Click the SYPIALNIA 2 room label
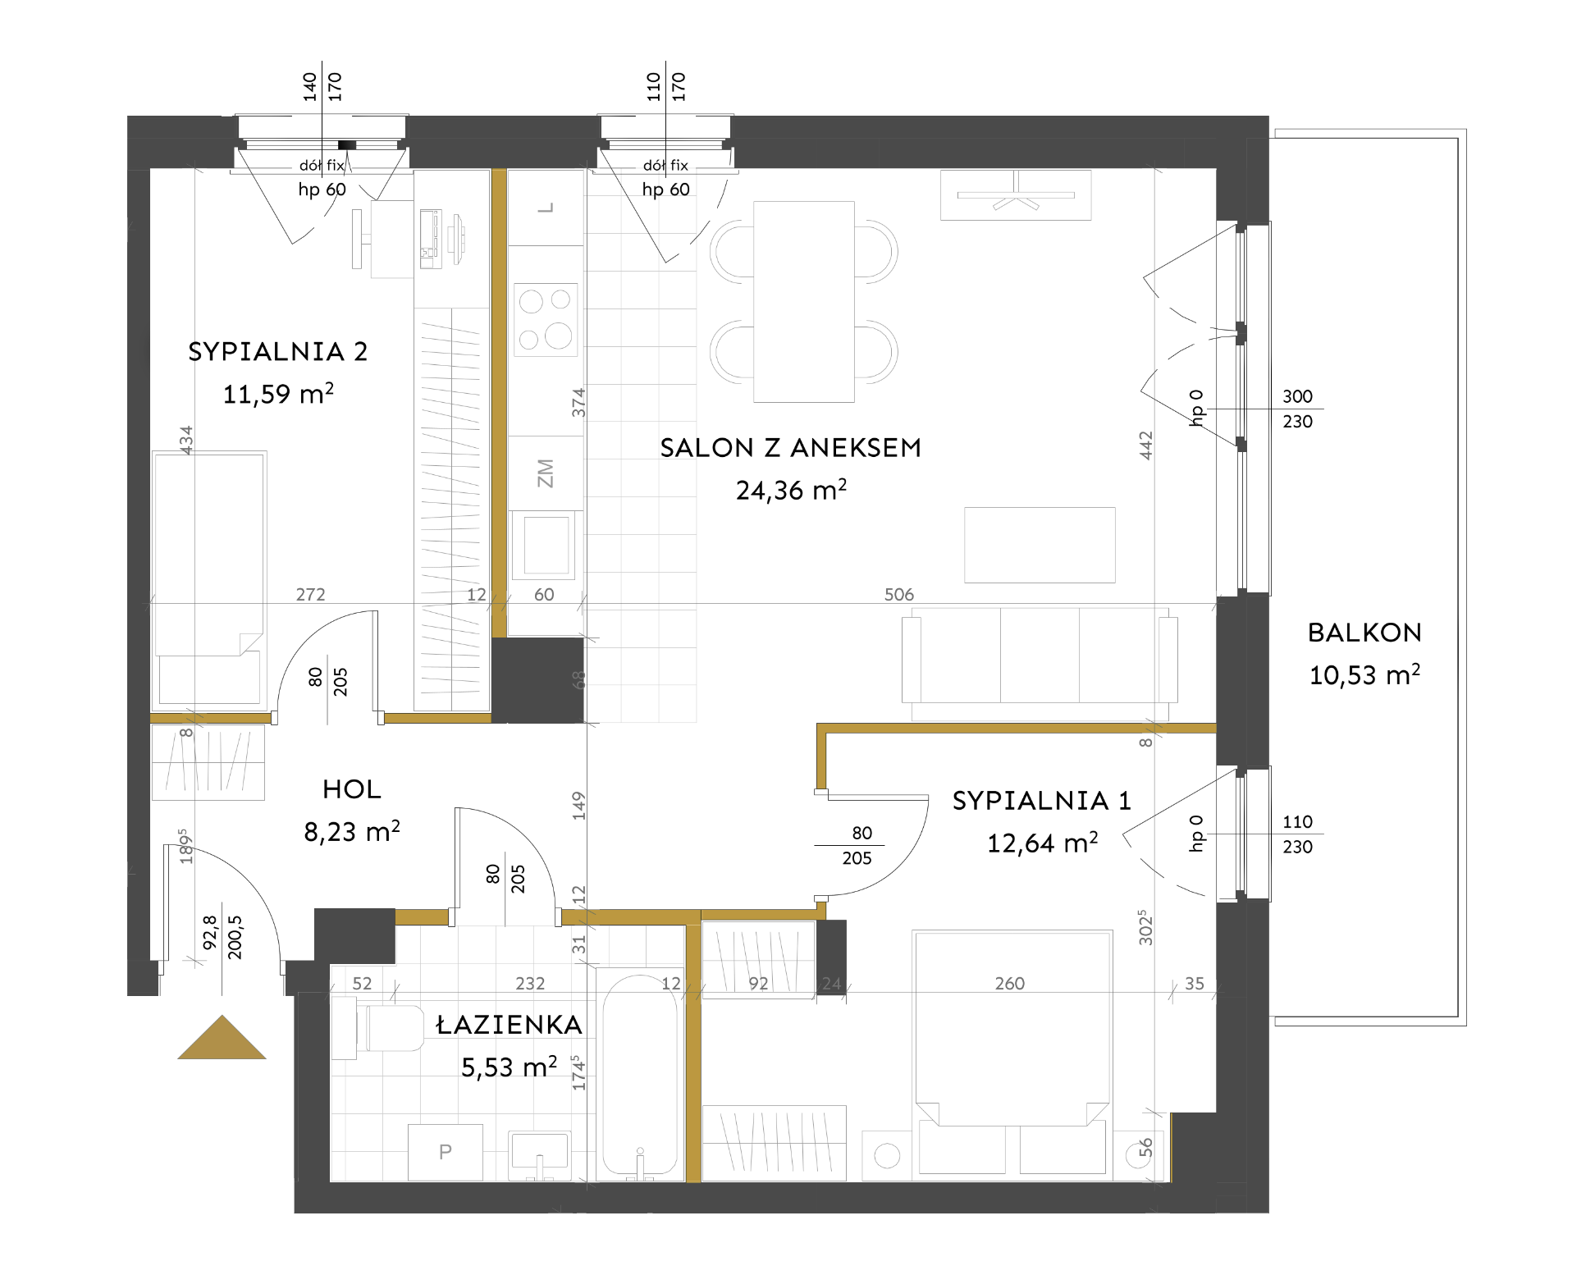(277, 352)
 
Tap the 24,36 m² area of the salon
(791, 490)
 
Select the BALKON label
(1364, 633)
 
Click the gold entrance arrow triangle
(222, 1038)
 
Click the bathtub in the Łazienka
(640, 1076)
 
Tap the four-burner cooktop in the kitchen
(546, 320)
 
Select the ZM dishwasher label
(545, 473)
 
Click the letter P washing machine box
(446, 1152)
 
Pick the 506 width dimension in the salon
(899, 594)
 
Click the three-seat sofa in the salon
(1040, 656)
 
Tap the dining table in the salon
(804, 302)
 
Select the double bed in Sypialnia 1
(1012, 1053)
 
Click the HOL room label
(352, 789)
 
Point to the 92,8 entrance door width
(210, 933)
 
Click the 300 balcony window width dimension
(1297, 396)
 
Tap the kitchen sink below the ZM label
(546, 545)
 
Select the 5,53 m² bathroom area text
(509, 1067)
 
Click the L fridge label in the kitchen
(546, 208)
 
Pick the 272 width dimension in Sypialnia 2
(310, 594)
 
